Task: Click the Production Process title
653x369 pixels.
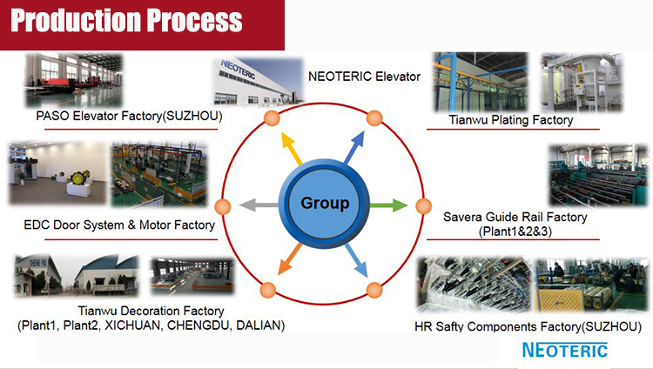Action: (127, 21)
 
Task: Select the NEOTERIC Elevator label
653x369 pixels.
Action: (365, 77)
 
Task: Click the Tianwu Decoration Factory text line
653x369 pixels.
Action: (151, 311)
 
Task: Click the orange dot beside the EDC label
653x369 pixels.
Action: (222, 207)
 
